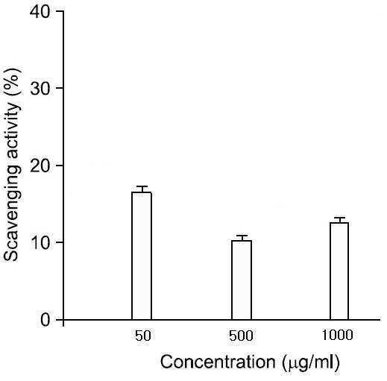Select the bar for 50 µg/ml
tap(142, 256)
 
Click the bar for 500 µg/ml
tap(242, 280)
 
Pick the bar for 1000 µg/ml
tap(339, 271)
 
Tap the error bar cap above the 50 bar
tap(142, 186)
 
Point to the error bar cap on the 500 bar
tap(242, 236)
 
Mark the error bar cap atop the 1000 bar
tap(339, 218)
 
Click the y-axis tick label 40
tap(40, 11)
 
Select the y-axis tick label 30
tap(40, 88)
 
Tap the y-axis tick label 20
tap(40, 166)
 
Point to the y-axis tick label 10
tap(40, 242)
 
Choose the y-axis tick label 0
tap(45, 320)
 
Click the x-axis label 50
tap(143, 336)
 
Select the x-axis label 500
tap(241, 336)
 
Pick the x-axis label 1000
tap(337, 335)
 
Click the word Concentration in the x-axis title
tap(218, 362)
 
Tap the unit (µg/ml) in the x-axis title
tap(311, 363)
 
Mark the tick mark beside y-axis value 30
tap(60, 88)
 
